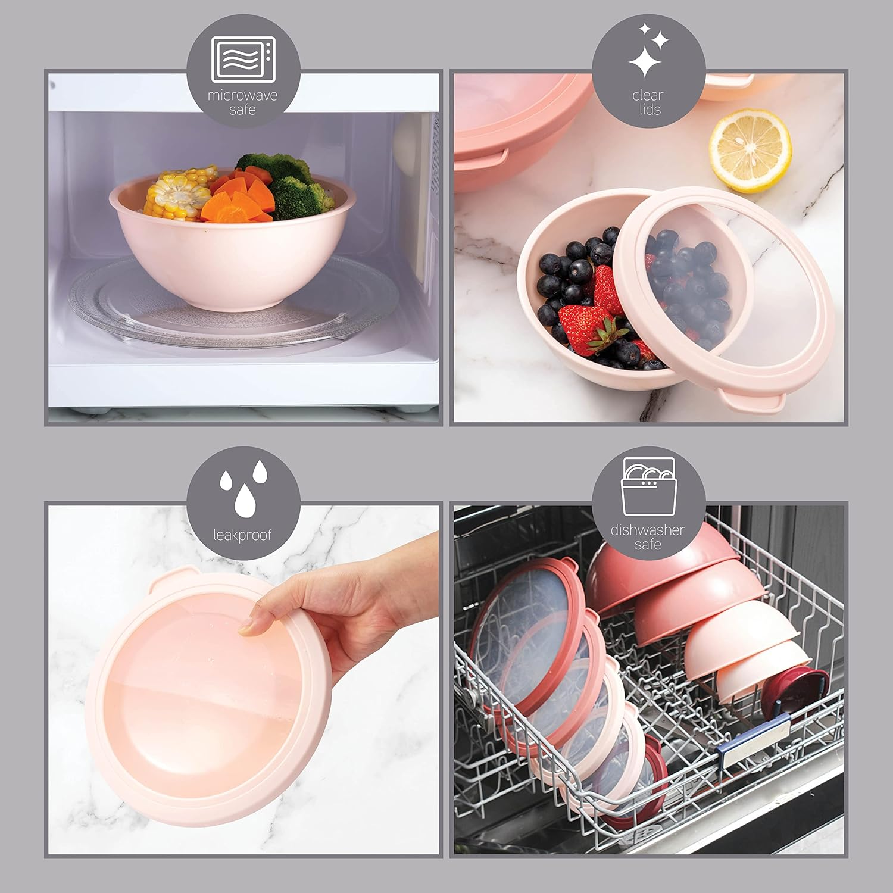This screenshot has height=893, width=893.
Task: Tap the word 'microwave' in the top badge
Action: tap(242, 95)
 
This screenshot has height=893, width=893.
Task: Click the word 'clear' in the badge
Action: tap(648, 95)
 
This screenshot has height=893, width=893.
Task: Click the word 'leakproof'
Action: tap(242, 535)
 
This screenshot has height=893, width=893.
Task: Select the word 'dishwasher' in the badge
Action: tap(648, 530)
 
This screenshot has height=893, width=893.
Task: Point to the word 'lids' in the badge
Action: tap(648, 110)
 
